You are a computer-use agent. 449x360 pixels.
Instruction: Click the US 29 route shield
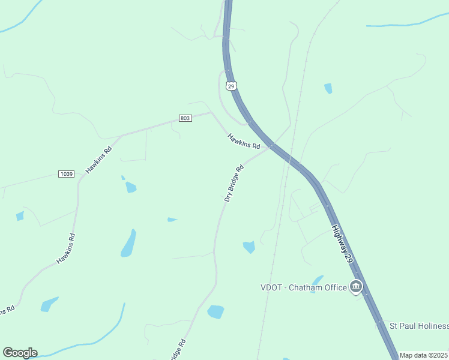point(231,86)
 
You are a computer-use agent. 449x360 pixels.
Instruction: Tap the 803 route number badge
point(185,118)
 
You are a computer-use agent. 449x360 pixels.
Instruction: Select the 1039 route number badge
point(66,174)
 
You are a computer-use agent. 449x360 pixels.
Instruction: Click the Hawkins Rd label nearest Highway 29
point(244,142)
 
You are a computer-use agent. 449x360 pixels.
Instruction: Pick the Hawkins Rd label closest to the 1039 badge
point(99,160)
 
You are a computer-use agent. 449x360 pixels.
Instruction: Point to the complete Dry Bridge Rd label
point(234,183)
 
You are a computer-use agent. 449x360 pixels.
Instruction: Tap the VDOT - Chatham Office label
point(303,287)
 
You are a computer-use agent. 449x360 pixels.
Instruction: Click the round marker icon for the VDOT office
point(357,287)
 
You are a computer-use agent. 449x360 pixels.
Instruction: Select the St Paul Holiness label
point(419,326)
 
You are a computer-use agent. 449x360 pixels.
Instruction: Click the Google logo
point(20,353)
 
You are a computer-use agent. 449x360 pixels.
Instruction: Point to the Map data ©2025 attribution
point(424,355)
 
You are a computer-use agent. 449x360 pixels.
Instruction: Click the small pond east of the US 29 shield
point(328,88)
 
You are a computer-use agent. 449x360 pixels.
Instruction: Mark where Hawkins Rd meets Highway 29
point(273,146)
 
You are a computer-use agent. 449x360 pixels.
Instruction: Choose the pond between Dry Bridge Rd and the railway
point(249,247)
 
